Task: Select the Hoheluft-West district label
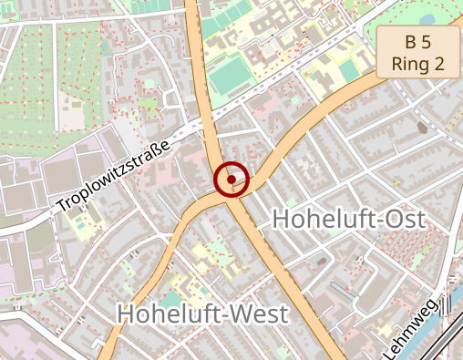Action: (202, 314)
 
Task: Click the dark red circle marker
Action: (231, 180)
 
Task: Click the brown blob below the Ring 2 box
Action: (422, 128)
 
